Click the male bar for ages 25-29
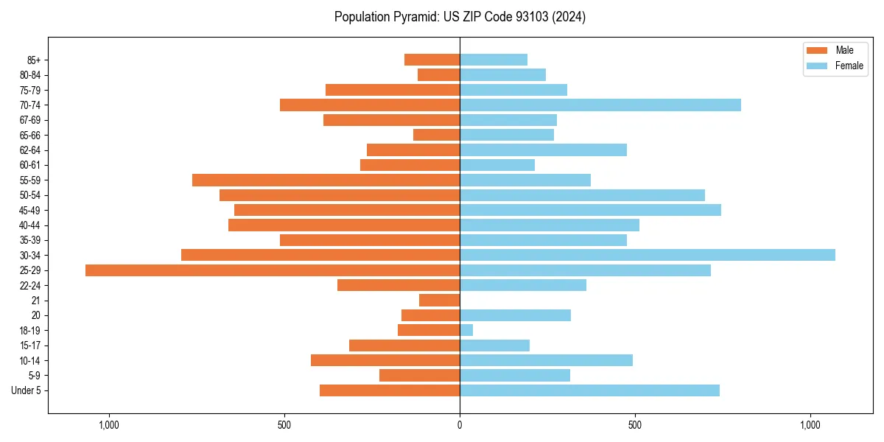click(273, 270)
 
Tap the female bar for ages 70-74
click(600, 105)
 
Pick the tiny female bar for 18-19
click(466, 330)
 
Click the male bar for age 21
click(440, 301)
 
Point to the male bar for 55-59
click(326, 180)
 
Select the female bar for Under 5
click(589, 390)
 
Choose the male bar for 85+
click(432, 60)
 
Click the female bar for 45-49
click(590, 210)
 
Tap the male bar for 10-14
click(385, 360)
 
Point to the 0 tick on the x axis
click(460, 425)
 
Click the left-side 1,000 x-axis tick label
click(109, 425)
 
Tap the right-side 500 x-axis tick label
click(635, 425)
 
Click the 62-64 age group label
click(30, 150)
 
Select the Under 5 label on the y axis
click(26, 390)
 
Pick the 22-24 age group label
click(30, 285)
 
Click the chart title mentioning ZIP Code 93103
click(460, 17)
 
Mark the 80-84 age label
click(30, 74)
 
